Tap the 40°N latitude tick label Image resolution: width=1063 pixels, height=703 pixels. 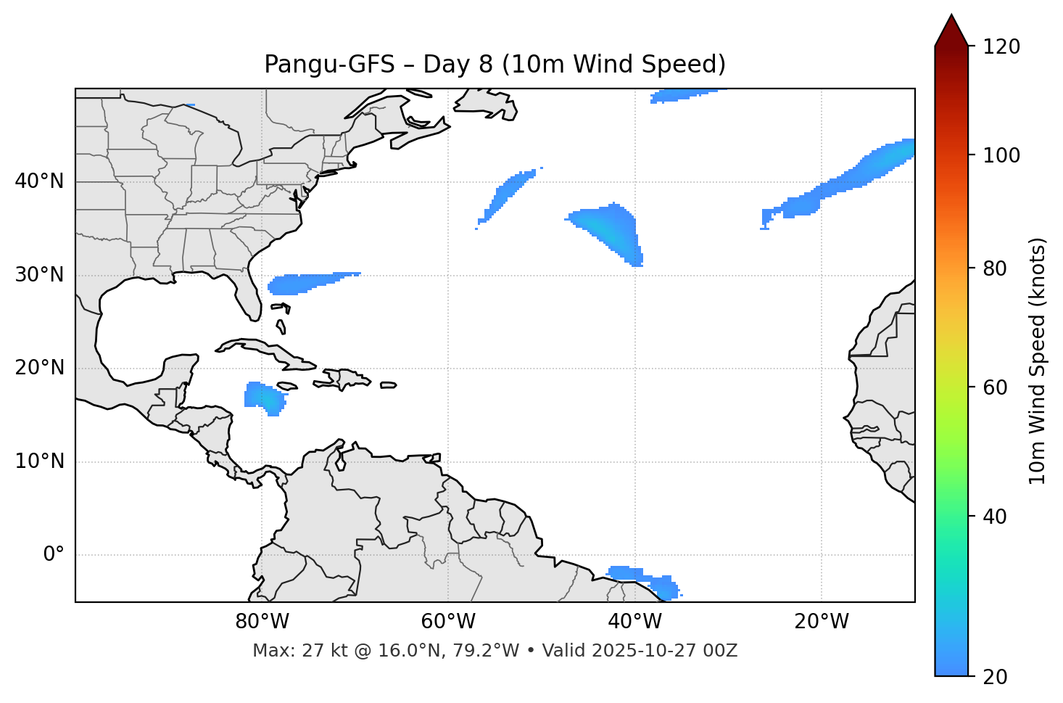click(39, 181)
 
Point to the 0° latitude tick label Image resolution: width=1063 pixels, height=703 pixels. click(53, 555)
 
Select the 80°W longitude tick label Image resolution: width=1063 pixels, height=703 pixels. click(262, 622)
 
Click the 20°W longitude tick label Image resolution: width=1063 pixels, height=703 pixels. click(822, 622)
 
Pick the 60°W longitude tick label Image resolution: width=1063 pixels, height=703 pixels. click(448, 622)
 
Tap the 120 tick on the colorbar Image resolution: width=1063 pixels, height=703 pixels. click(1001, 47)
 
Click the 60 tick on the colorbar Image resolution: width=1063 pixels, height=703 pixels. click(995, 387)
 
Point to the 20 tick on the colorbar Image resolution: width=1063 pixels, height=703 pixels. click(995, 676)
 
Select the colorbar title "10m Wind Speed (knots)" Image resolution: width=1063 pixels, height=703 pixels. click(1038, 361)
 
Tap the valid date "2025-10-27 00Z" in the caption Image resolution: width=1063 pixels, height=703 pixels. click(664, 651)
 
